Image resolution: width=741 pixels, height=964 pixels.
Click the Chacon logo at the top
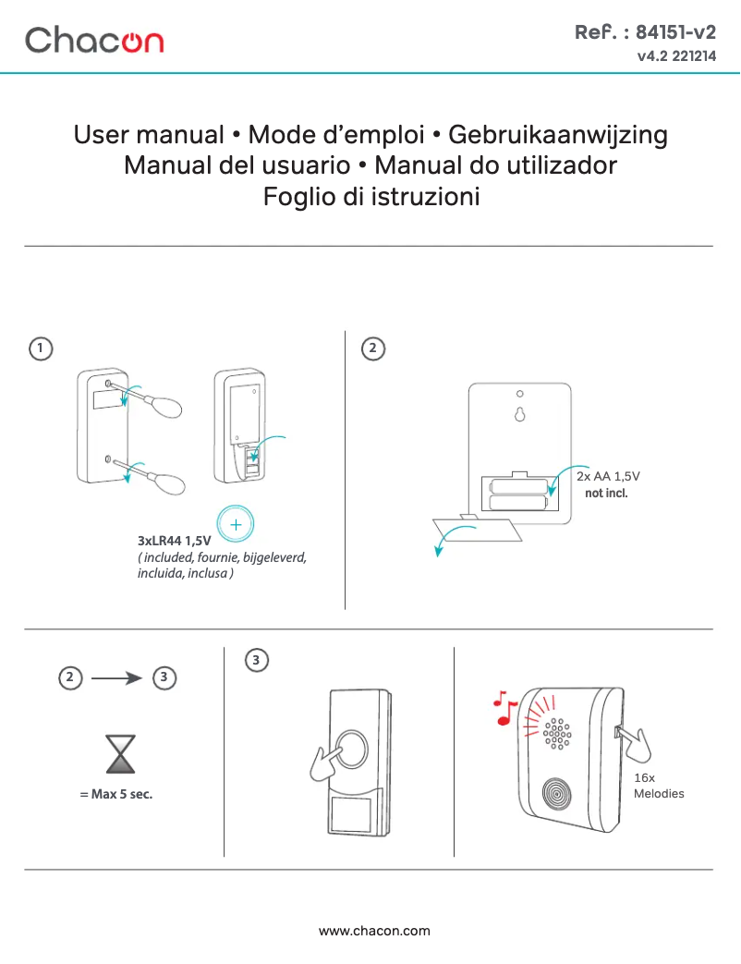[x=94, y=40]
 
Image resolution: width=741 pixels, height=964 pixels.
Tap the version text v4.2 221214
[x=675, y=57]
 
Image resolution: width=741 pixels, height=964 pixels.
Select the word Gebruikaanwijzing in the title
[x=557, y=135]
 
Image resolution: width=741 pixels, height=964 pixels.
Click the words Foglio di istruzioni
[x=370, y=197]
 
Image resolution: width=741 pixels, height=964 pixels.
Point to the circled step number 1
[x=40, y=348]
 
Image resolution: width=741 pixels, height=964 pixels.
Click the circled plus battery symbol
[x=237, y=524]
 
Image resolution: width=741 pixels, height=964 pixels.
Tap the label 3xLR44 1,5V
[x=175, y=540]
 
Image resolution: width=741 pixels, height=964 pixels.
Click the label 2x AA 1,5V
[x=607, y=477]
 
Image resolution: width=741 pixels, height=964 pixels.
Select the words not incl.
[x=606, y=494]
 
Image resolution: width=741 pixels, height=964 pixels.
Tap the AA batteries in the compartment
[x=518, y=494]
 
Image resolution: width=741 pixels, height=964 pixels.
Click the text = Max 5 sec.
[x=116, y=794]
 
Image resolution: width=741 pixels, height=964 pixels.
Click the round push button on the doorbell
[x=352, y=749]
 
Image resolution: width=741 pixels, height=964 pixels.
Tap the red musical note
[x=504, y=707]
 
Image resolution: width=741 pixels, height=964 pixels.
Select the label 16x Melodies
[x=658, y=786]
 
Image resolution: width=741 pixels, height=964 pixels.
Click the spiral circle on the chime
[x=557, y=795]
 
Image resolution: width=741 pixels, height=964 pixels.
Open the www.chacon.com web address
[x=374, y=931]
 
